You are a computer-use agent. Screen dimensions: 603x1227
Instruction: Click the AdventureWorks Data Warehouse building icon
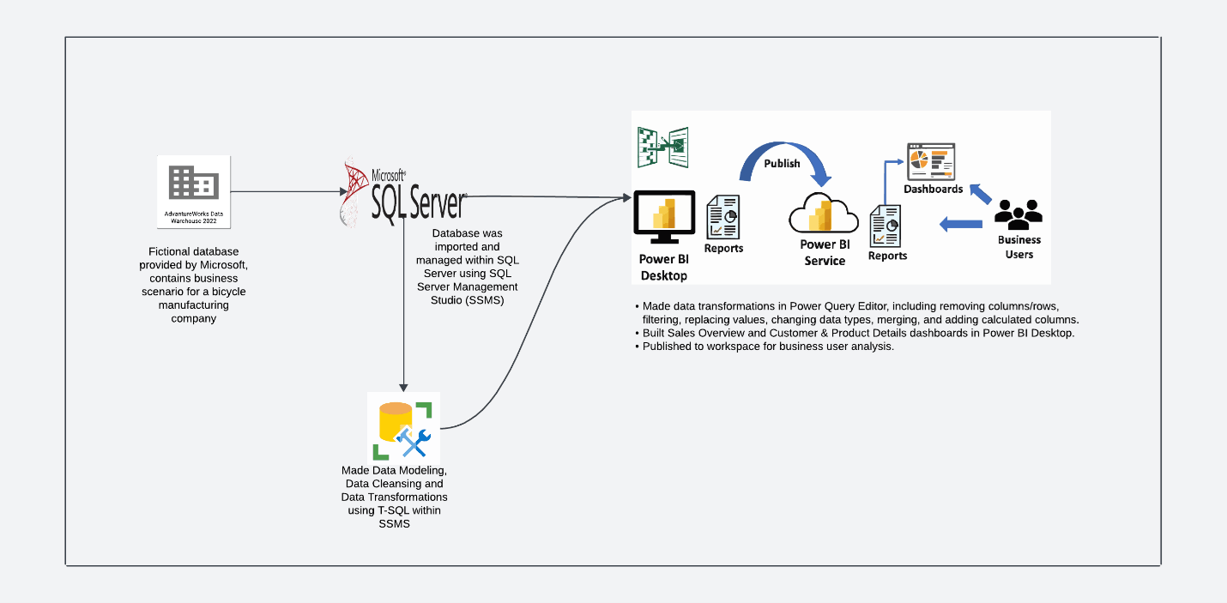193,183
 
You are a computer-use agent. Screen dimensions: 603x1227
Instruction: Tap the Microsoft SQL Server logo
403,194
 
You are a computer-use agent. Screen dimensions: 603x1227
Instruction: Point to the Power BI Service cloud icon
824,214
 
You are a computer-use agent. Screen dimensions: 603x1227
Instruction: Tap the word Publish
782,164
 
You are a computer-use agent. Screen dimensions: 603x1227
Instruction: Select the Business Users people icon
1018,214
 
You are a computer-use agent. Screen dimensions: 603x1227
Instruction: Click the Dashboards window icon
931,161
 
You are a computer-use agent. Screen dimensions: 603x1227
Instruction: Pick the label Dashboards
934,189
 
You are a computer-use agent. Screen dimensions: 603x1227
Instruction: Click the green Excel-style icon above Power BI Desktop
662,148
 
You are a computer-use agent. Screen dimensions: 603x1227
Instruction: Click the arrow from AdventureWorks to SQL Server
287,191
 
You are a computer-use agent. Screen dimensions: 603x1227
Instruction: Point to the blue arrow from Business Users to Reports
961,224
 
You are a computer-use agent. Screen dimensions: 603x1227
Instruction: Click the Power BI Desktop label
663,267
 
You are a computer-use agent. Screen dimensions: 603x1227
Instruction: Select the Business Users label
1018,247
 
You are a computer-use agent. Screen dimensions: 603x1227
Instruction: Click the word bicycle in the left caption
227,292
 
